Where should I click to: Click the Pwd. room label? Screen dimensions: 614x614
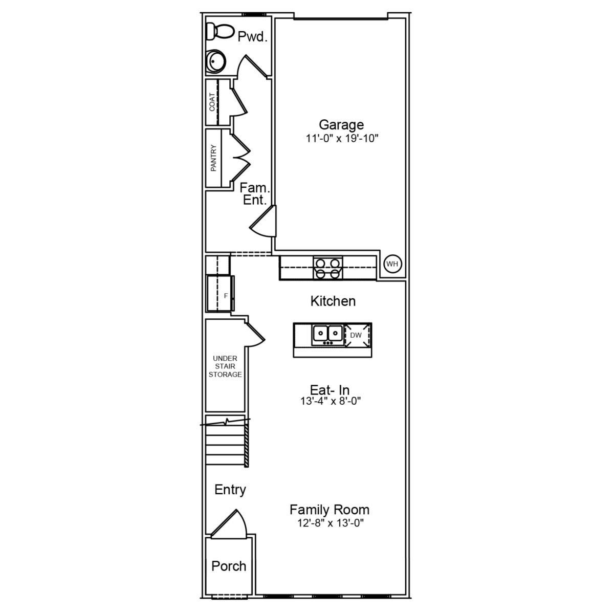click(253, 37)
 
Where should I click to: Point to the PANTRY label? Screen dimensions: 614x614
click(213, 158)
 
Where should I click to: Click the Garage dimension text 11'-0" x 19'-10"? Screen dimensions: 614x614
click(341, 138)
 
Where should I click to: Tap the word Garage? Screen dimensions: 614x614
click(341, 124)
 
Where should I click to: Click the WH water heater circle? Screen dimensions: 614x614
click(392, 264)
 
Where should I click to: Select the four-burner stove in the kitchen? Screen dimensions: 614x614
click(328, 268)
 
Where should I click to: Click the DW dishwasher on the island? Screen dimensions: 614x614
click(356, 335)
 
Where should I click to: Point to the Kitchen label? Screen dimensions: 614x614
click(333, 301)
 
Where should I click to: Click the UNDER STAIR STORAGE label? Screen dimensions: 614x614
click(225, 366)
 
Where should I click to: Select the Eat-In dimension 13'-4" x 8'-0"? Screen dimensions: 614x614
click(331, 402)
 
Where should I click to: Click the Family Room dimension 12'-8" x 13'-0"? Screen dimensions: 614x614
click(330, 523)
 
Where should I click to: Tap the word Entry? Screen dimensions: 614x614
click(230, 490)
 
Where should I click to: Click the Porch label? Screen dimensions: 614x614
click(229, 566)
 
